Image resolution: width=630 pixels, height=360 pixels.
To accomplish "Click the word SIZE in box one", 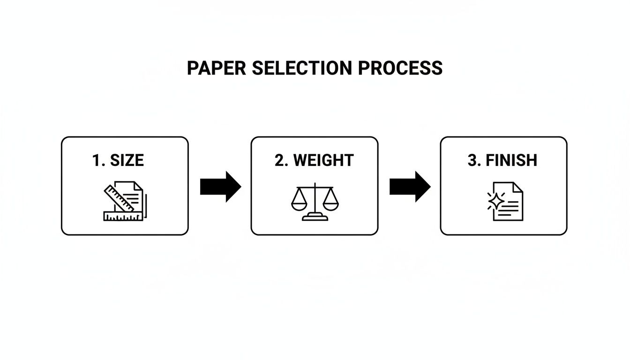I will click(x=127, y=160).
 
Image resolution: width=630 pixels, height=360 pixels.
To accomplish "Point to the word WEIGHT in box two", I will click(x=323, y=160).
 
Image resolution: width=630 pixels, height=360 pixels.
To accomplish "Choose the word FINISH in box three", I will click(x=511, y=160).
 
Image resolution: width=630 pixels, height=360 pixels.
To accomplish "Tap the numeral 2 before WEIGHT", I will click(x=280, y=160).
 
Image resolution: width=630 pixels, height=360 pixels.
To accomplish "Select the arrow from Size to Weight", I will click(x=220, y=187).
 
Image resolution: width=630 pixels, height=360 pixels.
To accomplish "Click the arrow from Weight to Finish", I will click(x=410, y=187).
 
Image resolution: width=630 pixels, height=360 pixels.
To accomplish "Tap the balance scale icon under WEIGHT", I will click(x=314, y=202).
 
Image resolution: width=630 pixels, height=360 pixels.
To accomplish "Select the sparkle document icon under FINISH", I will click(x=506, y=202).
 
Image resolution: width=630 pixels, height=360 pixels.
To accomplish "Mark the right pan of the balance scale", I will click(x=328, y=203).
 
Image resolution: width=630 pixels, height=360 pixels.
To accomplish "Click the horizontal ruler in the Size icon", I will click(x=123, y=216).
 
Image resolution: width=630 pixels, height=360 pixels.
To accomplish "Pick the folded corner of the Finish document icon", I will click(x=518, y=187).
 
